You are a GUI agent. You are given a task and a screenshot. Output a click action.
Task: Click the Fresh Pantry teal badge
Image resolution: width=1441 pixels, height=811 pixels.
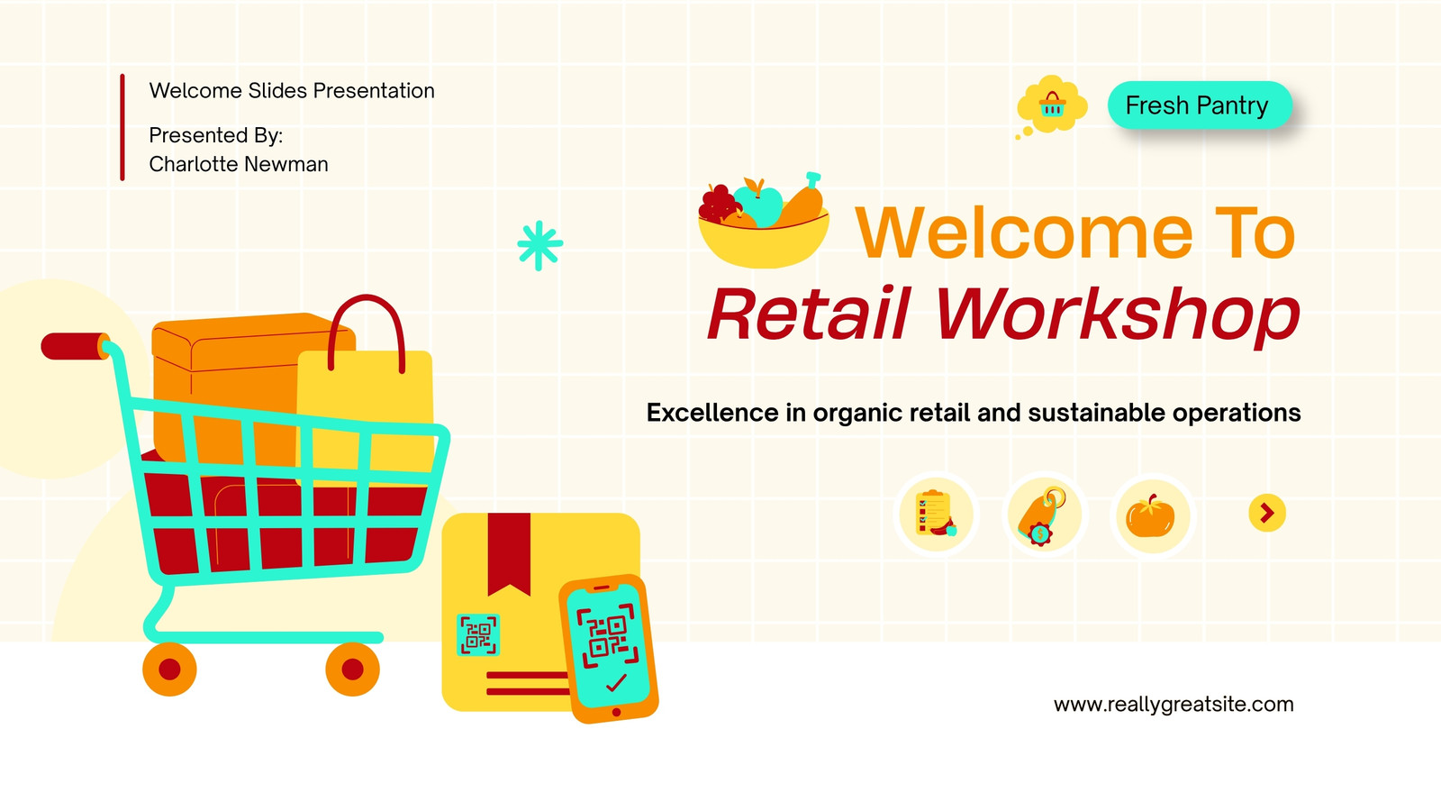point(1200,105)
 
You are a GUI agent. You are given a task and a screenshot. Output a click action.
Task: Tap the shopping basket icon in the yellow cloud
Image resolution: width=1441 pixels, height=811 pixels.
point(1053,105)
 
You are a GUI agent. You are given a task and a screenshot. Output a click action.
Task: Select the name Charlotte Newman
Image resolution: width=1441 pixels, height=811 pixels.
point(239,164)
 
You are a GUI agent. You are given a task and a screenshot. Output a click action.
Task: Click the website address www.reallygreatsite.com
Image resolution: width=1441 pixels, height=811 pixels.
point(1174,704)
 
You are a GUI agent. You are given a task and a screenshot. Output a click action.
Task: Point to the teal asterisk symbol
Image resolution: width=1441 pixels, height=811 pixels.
point(539,245)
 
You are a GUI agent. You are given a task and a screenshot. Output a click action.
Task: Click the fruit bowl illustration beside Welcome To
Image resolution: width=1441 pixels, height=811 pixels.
point(764,220)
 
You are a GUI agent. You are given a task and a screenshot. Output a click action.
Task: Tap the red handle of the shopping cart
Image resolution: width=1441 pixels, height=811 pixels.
point(75,346)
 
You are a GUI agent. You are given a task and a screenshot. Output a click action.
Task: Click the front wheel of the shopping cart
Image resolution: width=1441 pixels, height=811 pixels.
point(352,670)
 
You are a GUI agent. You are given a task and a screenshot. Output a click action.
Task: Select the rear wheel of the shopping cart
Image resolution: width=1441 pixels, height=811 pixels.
point(170,670)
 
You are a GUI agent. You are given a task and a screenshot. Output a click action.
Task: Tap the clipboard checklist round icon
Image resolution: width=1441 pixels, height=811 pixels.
point(936,515)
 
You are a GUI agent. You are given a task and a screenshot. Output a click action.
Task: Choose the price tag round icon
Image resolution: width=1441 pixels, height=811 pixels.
point(1044,515)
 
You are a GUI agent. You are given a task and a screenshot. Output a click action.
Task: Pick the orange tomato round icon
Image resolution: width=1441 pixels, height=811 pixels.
point(1152,515)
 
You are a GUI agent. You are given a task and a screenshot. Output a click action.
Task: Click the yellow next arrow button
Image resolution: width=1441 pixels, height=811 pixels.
point(1267,513)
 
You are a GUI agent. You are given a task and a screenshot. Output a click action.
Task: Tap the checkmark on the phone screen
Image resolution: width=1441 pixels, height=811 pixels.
point(616,683)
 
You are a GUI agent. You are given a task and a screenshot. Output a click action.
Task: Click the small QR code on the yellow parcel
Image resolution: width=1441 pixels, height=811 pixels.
point(478,634)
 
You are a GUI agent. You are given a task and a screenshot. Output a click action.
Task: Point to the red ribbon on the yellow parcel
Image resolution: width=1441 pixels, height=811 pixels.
point(509,553)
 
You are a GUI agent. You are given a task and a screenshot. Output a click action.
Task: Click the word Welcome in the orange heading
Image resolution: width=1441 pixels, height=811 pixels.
point(1024,232)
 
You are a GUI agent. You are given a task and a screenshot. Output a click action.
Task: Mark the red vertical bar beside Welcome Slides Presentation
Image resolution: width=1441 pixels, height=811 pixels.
point(122,127)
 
